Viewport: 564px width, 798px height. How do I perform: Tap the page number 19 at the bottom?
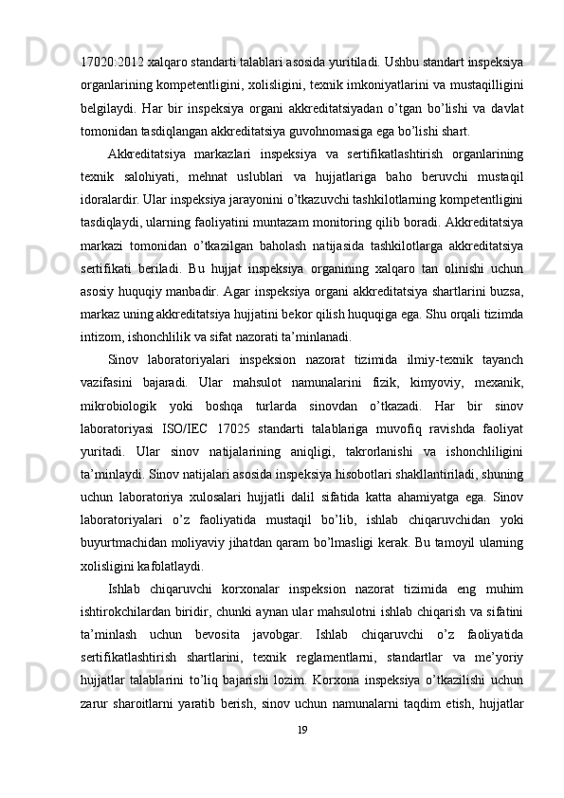click(302, 755)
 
